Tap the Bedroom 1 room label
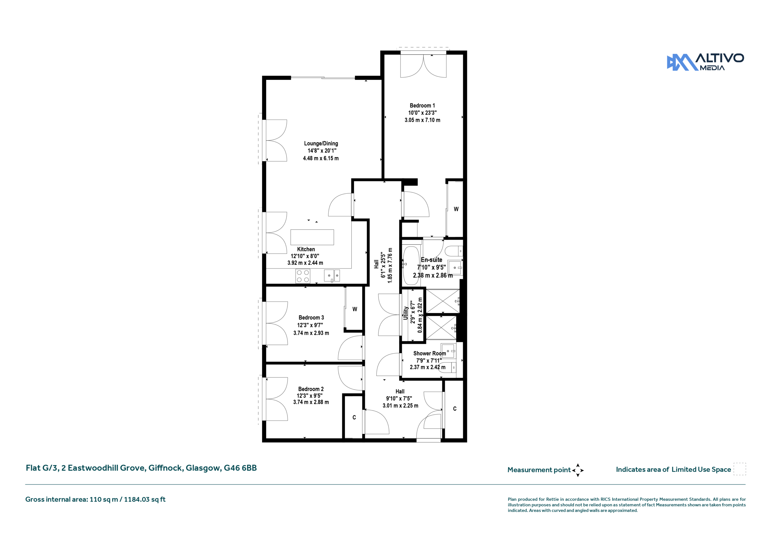[x=422, y=105]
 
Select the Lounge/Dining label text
[x=321, y=144]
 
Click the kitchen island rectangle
[x=312, y=237]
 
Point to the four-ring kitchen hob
[x=303, y=276]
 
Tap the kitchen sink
[x=332, y=276]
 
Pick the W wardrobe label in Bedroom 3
[x=355, y=309]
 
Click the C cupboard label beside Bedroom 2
[x=354, y=417]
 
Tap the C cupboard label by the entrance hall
[x=455, y=409]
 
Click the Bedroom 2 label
[x=311, y=389]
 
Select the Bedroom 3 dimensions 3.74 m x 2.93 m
[x=311, y=333]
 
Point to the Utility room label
[x=406, y=313]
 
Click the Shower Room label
[x=429, y=353]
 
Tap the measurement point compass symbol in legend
[x=577, y=470]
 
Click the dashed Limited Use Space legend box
[x=740, y=469]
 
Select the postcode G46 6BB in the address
[x=240, y=468]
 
